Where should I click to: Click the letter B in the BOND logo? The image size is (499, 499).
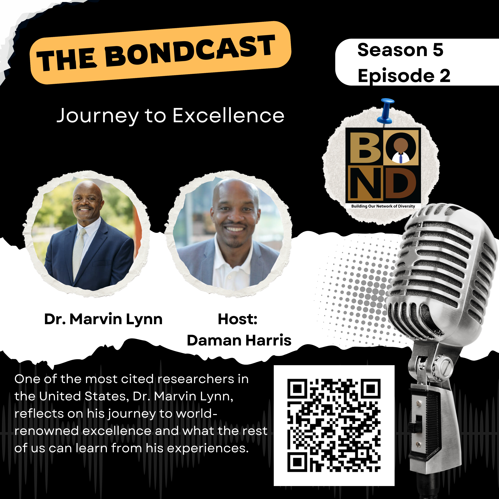(x=365, y=147)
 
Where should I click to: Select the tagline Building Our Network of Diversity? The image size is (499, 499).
(x=383, y=206)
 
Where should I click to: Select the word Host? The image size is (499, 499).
(x=238, y=319)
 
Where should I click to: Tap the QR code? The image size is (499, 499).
(x=334, y=425)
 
